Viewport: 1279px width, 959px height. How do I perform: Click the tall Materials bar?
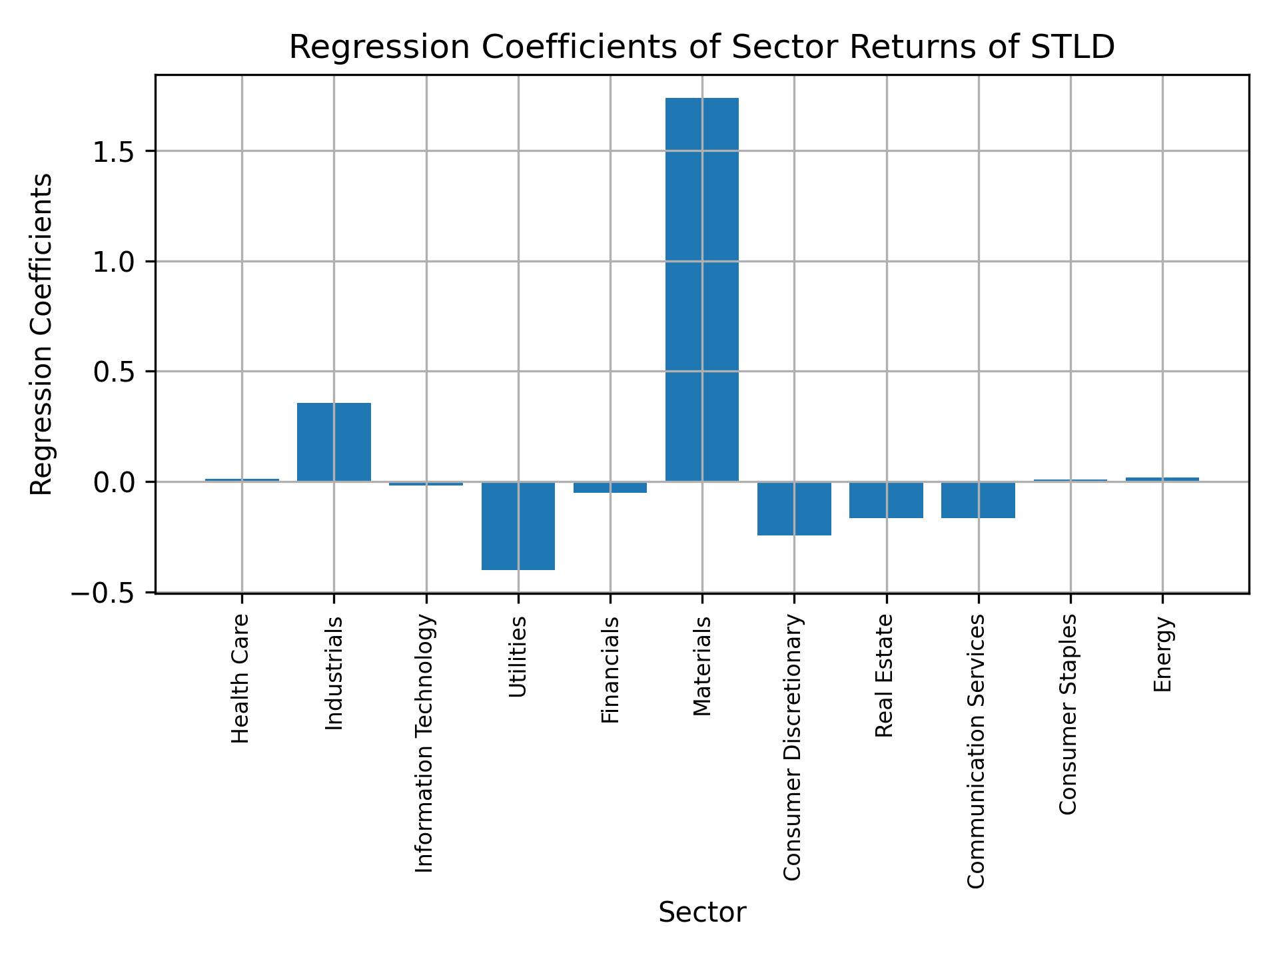tap(701, 290)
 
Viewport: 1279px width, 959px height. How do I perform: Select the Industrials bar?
tap(334, 442)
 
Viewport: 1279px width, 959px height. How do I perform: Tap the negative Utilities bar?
tap(518, 525)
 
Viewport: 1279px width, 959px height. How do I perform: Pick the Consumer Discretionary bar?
tap(794, 508)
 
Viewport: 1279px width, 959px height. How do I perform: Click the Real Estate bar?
tap(886, 499)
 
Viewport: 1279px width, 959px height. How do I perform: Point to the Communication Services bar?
tap(978, 499)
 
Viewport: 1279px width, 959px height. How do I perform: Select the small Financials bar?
tap(610, 487)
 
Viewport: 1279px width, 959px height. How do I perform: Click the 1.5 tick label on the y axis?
tap(113, 153)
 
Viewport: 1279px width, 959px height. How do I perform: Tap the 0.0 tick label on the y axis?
tap(113, 482)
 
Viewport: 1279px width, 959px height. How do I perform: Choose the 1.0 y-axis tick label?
tap(113, 262)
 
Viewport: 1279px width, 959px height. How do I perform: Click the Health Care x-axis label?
tap(240, 679)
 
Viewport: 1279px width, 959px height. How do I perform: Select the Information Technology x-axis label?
tap(425, 743)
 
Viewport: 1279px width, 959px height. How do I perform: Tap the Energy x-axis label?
tap(1162, 655)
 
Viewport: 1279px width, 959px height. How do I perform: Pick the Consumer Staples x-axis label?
tap(1068, 714)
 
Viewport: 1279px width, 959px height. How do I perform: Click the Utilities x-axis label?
tap(518, 657)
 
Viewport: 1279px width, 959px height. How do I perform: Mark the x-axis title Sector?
tap(701, 912)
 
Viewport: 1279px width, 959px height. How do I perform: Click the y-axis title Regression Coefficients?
tap(42, 334)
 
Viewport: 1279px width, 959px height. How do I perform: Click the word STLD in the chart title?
tap(1072, 48)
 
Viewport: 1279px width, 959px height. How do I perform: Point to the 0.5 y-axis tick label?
tap(113, 372)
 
